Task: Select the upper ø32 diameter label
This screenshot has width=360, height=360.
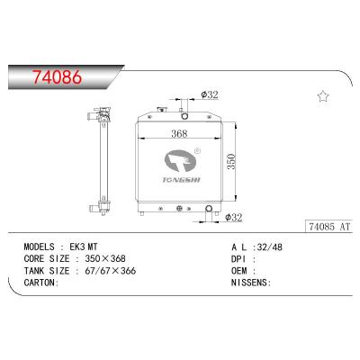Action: click(x=210, y=119)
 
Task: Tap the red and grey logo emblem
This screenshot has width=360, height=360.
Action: click(x=184, y=161)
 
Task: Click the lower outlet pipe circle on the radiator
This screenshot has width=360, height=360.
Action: click(x=209, y=211)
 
